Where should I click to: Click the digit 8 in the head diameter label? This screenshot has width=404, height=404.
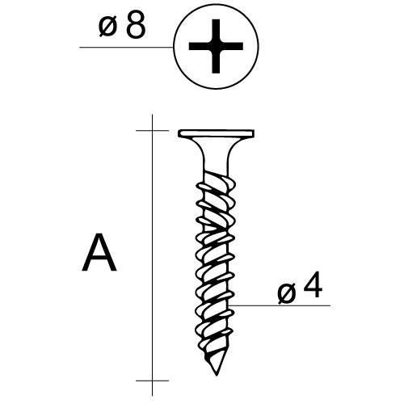point(136,25)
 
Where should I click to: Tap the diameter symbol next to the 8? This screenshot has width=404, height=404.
point(107,27)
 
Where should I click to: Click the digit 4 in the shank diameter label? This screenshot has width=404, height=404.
point(313,284)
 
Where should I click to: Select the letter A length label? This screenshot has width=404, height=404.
point(99,252)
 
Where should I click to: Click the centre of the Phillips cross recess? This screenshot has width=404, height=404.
point(216,46)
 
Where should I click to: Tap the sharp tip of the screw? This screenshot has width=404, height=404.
point(217,375)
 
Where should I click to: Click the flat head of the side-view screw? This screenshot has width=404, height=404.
point(216,133)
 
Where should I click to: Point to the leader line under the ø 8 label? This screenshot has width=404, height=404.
point(126,48)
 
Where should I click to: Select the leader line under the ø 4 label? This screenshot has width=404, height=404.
point(280,305)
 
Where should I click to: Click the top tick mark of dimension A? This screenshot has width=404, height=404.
point(152,131)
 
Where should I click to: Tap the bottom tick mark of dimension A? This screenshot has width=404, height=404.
point(152,381)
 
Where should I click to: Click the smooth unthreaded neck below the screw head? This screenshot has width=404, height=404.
point(216,159)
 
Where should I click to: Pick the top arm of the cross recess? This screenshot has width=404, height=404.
point(216,30)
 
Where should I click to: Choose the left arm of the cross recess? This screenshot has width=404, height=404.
point(200,46)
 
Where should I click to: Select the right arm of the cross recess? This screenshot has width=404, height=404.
point(232,46)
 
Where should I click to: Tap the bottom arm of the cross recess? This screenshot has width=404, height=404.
point(216,61)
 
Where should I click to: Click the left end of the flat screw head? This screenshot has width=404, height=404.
point(179,133)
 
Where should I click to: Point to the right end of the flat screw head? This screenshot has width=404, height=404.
point(254,133)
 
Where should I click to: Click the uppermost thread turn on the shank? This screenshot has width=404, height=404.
point(216,184)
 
